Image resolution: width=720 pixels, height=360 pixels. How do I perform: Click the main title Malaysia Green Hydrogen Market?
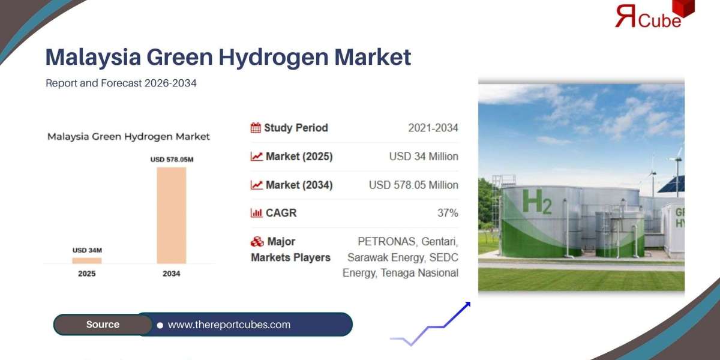(x=228, y=57)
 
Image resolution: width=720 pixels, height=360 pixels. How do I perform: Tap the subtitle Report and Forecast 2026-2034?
(x=121, y=83)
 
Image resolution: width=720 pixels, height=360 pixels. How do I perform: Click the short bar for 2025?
(x=87, y=260)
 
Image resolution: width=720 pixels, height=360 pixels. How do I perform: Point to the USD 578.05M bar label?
(x=172, y=160)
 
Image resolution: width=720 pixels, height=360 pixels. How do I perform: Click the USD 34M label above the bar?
(x=87, y=250)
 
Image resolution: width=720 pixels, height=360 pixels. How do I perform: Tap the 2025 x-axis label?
(x=87, y=274)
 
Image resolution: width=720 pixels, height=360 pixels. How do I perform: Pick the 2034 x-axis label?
(x=171, y=274)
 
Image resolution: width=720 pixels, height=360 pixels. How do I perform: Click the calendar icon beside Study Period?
(x=256, y=128)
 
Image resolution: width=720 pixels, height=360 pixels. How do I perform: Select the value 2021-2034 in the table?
(x=433, y=128)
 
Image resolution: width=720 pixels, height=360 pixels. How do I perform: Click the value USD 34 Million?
(x=424, y=157)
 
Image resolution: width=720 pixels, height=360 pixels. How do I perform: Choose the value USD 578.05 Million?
(x=413, y=185)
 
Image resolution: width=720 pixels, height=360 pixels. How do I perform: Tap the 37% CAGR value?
(x=448, y=213)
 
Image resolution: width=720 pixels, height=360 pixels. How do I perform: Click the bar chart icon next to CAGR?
(x=256, y=213)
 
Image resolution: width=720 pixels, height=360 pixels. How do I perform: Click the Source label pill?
(x=103, y=325)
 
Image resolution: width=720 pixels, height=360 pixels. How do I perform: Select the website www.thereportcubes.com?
(x=229, y=325)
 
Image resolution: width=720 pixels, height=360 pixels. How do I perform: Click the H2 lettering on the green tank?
(x=536, y=202)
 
